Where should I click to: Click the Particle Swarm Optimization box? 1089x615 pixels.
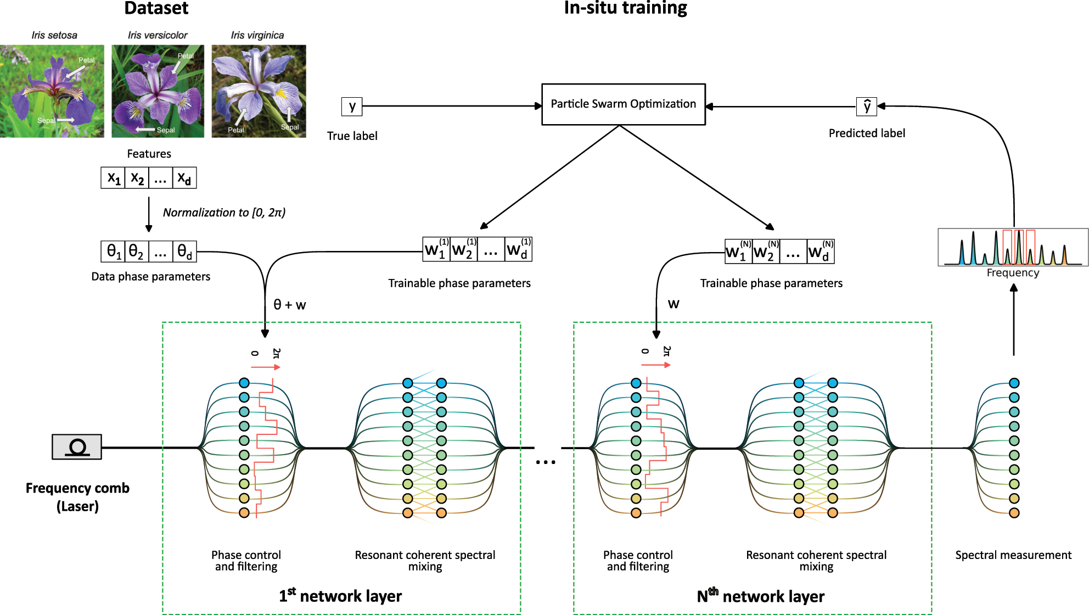tap(623, 104)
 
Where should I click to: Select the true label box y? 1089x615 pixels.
tap(352, 106)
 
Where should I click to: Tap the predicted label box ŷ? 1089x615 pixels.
tap(867, 107)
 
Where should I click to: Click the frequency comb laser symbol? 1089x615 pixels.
tap(77, 447)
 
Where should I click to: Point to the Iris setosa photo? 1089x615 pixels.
tap(52, 91)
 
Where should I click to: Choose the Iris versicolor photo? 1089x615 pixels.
tap(158, 91)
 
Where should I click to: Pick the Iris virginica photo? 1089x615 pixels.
tap(259, 91)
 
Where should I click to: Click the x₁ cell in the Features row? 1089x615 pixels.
tap(113, 178)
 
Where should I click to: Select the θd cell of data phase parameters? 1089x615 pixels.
tap(184, 251)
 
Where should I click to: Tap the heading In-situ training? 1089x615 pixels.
tap(625, 8)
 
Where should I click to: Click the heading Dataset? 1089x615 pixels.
tap(156, 8)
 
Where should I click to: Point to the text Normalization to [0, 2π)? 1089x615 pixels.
tap(224, 213)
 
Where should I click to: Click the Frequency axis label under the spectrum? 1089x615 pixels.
tap(1013, 273)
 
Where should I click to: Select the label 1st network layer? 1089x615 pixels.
tap(340, 596)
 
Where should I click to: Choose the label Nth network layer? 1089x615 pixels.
tap(760, 596)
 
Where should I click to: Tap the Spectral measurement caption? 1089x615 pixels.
tap(1013, 555)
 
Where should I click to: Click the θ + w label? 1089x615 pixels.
tap(289, 305)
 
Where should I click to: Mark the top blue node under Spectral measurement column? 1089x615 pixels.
tap(1014, 383)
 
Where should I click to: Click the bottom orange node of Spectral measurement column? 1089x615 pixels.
tap(1014, 513)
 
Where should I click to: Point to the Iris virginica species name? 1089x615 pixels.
tap(257, 35)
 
